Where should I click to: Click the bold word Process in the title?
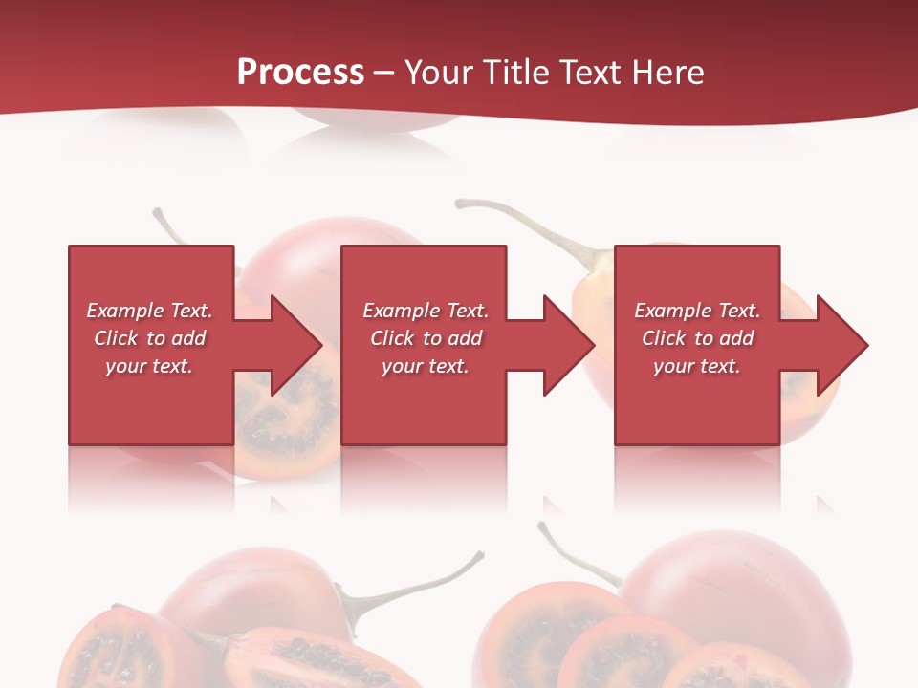pos(300,73)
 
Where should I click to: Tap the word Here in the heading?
pos(667,73)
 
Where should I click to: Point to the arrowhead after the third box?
pos(841,345)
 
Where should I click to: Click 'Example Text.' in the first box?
pos(149,311)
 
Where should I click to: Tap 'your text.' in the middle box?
pos(425,366)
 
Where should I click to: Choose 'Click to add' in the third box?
pos(697,338)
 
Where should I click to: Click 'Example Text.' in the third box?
pos(697,311)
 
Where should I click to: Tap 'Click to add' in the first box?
pos(149,338)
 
